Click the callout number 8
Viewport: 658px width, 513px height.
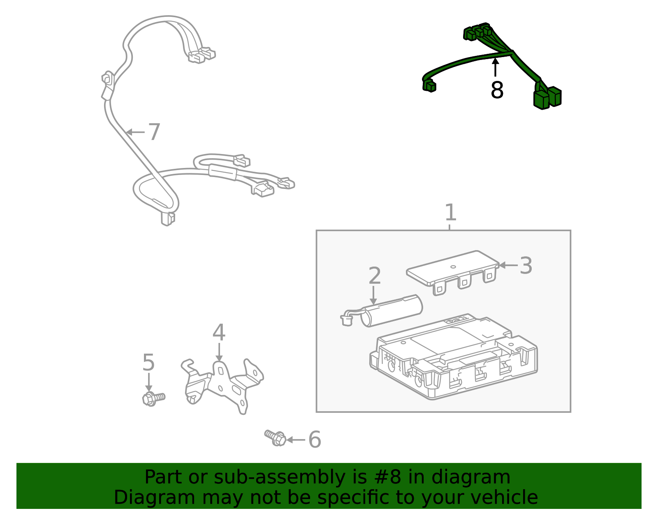click(497, 90)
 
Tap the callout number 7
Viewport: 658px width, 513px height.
click(154, 132)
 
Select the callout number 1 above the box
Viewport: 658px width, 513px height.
click(451, 213)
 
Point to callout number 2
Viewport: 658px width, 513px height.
click(374, 276)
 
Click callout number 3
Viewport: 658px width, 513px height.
click(526, 266)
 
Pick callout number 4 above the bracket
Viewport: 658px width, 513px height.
click(219, 333)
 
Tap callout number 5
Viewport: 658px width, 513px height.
click(148, 363)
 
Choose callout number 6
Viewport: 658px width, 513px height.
click(315, 439)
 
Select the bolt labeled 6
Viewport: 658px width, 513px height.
click(276, 437)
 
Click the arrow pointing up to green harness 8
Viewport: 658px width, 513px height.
click(496, 67)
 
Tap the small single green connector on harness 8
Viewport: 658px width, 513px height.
click(429, 86)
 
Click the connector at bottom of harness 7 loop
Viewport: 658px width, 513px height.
click(167, 219)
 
